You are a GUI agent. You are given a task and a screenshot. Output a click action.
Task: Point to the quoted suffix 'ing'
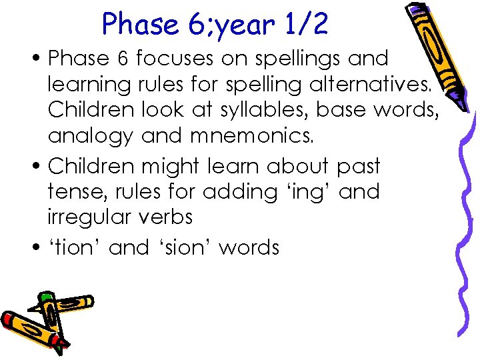304,193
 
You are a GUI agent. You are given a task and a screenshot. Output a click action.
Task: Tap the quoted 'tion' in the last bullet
75,247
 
